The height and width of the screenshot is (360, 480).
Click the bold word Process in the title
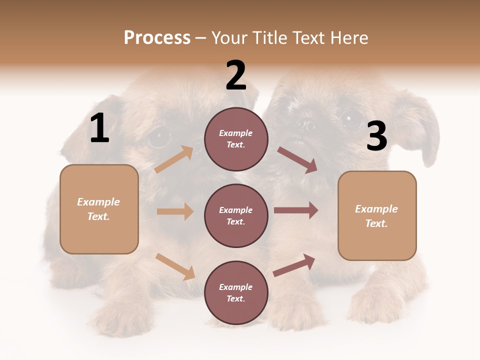[x=157, y=38]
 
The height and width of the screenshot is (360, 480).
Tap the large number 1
[x=99, y=128]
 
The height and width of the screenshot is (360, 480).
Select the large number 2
[x=236, y=75]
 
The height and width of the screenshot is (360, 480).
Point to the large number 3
[x=376, y=136]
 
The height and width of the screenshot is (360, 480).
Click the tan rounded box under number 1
[x=99, y=209]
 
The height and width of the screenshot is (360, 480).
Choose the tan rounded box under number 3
[x=377, y=216]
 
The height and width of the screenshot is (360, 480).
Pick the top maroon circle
[x=236, y=139]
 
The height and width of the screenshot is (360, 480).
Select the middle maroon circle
[x=236, y=216]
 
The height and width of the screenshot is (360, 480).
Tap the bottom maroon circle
[x=236, y=293]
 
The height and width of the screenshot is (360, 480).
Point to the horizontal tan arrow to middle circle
[x=175, y=211]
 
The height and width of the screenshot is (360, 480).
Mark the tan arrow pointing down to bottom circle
[x=175, y=266]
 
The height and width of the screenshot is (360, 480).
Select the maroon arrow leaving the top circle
[x=297, y=160]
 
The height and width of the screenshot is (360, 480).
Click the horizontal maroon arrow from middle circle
[x=296, y=210]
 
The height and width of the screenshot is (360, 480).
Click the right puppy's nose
[x=305, y=125]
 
